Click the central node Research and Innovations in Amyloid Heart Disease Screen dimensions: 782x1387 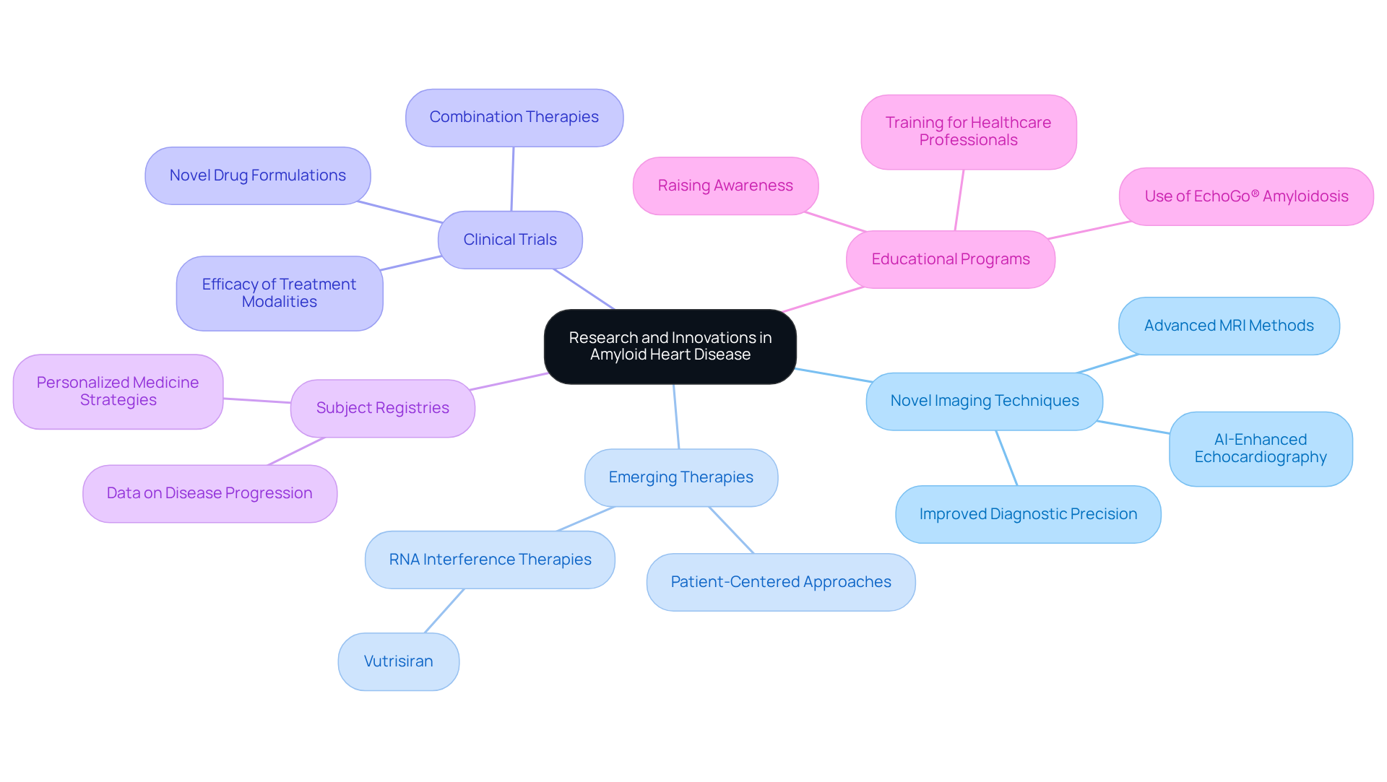(x=670, y=346)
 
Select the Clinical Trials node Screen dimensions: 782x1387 (x=510, y=240)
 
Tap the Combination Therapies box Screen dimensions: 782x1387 (x=514, y=117)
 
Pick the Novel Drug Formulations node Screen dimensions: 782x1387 (x=257, y=175)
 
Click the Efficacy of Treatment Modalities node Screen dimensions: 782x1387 (x=279, y=293)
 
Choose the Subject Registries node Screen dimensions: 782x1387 (x=382, y=408)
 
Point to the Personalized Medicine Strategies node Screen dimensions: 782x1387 (x=118, y=391)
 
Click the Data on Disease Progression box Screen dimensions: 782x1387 (x=209, y=493)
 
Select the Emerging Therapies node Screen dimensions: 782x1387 (x=680, y=477)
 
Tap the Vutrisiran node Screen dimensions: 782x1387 (x=398, y=661)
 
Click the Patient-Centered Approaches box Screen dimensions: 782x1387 (x=780, y=582)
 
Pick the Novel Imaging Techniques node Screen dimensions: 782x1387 (x=984, y=401)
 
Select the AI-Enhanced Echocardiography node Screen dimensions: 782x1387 (x=1260, y=448)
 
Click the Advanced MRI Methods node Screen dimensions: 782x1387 (x=1228, y=326)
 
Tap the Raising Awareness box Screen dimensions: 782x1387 (x=725, y=186)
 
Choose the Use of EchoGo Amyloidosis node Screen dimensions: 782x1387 (x=1245, y=196)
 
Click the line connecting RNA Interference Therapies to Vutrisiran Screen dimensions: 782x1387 (x=444, y=611)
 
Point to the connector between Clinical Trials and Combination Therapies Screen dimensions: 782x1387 (x=512, y=179)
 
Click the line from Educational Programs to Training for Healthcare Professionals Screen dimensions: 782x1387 (x=959, y=200)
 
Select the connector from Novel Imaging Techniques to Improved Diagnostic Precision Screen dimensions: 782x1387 (x=1006, y=458)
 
